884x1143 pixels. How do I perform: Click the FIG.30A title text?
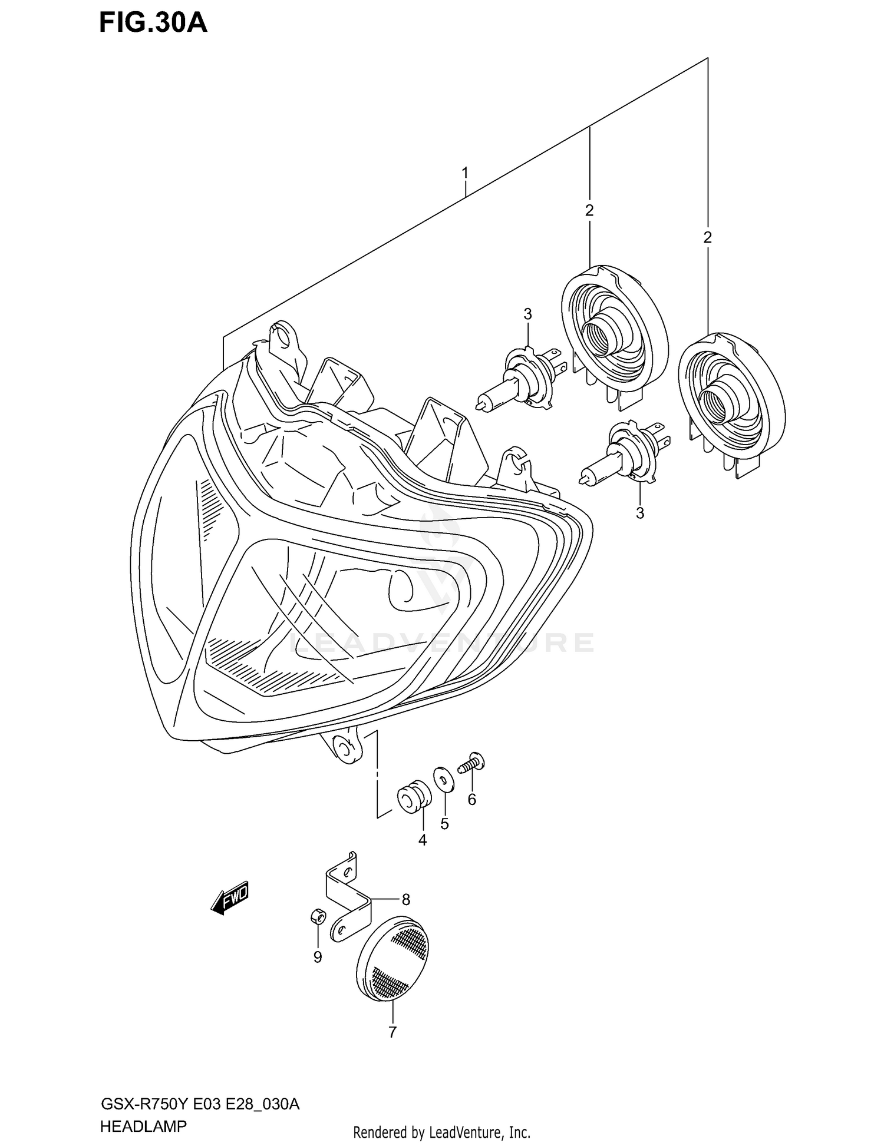(153, 23)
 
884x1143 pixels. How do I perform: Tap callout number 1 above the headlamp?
(465, 173)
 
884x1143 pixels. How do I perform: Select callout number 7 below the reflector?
(392, 1032)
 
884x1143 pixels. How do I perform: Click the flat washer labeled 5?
(443, 780)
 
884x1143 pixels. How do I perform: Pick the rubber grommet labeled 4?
(414, 797)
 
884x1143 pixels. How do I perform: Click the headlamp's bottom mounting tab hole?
(342, 747)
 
